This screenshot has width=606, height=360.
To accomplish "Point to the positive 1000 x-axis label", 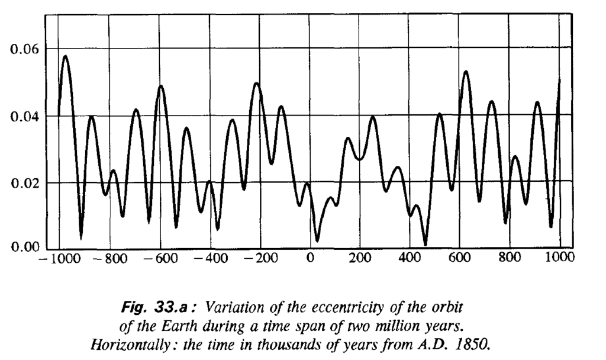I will [x=560, y=258].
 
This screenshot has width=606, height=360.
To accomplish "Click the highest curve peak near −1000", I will [x=65, y=56].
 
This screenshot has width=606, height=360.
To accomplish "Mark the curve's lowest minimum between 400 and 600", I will [x=425, y=244].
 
